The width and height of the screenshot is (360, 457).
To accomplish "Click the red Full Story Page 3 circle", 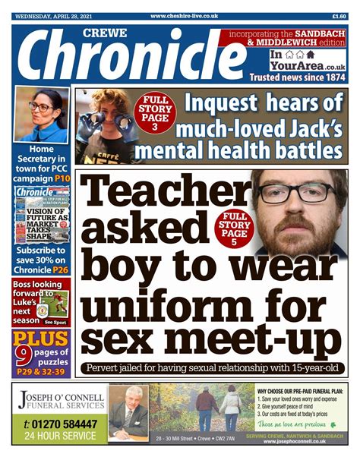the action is tap(154, 114).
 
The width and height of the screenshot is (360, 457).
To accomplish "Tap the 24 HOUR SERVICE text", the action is tap(60, 437).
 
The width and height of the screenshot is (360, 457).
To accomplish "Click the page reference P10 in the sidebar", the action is tap(62, 175).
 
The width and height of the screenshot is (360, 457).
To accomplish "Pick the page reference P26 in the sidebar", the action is tap(62, 269).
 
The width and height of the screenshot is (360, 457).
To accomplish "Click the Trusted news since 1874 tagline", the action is tap(303, 77).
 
